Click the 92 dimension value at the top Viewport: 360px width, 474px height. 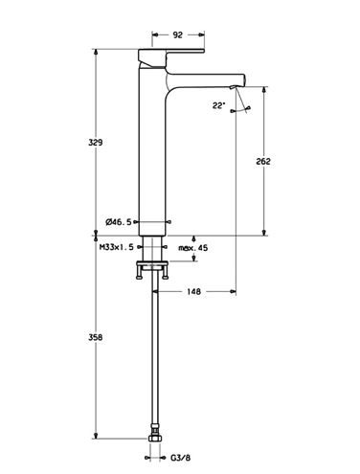(177, 34)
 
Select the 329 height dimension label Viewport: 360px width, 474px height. (96, 143)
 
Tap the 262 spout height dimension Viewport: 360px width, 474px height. (263, 161)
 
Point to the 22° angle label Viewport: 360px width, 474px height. (219, 105)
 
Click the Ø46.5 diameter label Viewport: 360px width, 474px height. (119, 222)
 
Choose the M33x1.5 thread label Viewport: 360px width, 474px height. (117, 247)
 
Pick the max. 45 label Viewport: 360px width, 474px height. (192, 248)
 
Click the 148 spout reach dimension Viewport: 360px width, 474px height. (194, 291)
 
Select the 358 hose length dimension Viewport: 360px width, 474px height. (96, 337)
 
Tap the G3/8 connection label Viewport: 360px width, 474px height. (180, 458)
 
